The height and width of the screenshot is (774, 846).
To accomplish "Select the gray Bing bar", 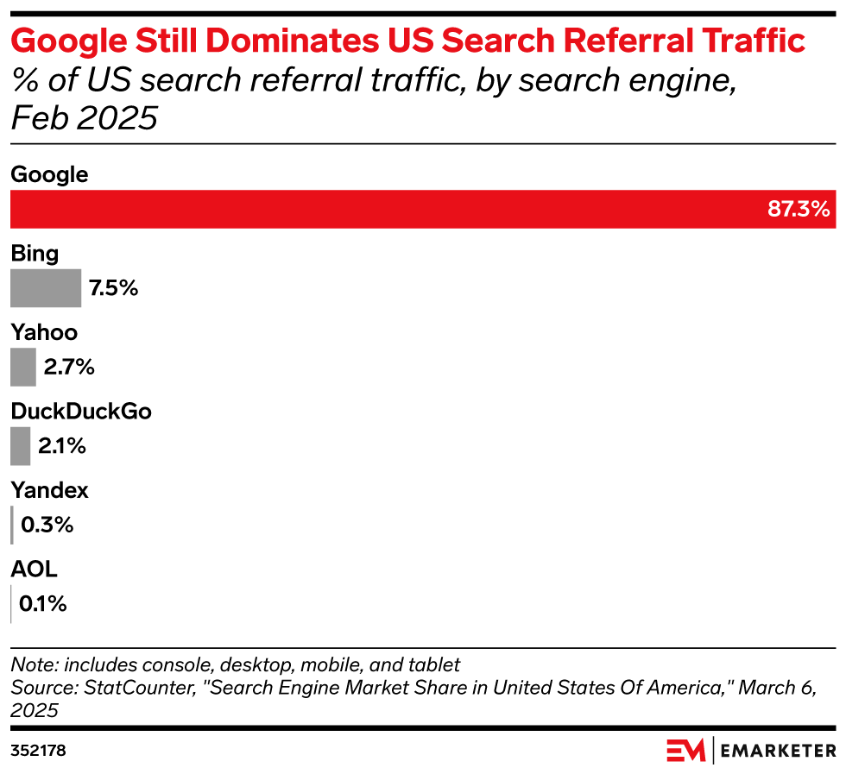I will [x=46, y=288].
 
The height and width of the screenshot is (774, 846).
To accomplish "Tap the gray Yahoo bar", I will [x=23, y=367].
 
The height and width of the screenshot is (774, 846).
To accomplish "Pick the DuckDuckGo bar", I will [x=21, y=446].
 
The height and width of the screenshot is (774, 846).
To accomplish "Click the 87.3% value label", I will [x=799, y=209].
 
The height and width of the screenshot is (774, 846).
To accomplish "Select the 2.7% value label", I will [x=69, y=367].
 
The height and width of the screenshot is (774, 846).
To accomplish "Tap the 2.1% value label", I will [x=62, y=446].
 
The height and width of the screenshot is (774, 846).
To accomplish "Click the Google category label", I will [x=49, y=175].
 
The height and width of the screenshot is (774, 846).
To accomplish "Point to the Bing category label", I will [x=35, y=254].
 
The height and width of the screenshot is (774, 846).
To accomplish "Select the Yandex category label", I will [x=49, y=491].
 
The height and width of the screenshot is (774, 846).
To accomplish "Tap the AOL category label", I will [x=34, y=569].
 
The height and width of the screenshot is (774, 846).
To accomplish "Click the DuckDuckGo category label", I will [x=81, y=412].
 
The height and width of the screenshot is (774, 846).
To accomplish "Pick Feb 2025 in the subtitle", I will [x=84, y=118].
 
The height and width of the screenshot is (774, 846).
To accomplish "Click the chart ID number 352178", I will [x=38, y=751].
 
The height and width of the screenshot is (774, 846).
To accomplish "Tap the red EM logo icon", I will [x=685, y=750].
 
